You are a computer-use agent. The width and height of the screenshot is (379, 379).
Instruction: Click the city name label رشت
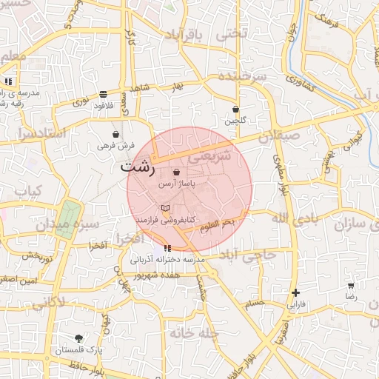click(x=138, y=167)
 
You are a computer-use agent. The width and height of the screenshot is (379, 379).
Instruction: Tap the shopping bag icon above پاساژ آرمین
click(x=175, y=172)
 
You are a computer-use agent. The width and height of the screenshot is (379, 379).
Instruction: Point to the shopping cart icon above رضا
click(x=351, y=285)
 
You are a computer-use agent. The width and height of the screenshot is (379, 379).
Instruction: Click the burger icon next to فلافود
click(x=102, y=94)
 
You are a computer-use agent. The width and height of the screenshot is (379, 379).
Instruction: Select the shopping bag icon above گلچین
click(x=235, y=109)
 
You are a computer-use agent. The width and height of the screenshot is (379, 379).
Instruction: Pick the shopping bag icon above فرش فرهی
click(x=116, y=135)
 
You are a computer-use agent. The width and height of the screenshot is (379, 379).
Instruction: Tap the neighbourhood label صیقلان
click(x=281, y=135)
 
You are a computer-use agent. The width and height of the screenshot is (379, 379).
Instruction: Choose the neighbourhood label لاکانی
click(x=48, y=302)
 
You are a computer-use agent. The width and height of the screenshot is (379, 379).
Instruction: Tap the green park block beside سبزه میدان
click(x=67, y=214)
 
